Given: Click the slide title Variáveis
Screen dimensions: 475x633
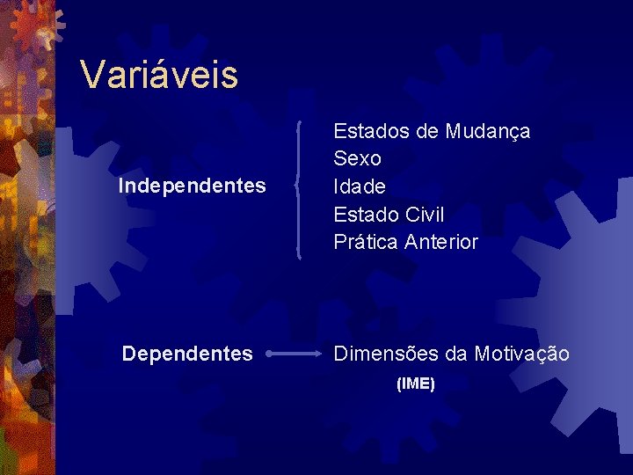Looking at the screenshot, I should [158, 75].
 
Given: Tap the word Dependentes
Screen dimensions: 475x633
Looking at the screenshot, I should [187, 354].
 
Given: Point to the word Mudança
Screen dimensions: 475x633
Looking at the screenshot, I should [487, 132].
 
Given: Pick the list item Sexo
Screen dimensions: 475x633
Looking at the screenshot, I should [357, 159].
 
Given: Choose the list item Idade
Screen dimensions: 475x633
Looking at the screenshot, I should [360, 187].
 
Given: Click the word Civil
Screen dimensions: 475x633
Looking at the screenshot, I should [425, 215].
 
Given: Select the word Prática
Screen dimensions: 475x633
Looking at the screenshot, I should [366, 242].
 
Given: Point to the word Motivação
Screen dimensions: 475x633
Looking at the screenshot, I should [521, 354].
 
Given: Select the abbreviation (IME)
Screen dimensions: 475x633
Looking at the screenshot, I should [416, 384].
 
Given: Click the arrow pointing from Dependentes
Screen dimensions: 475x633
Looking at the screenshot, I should [295, 354].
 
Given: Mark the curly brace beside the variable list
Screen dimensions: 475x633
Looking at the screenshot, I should [302, 189].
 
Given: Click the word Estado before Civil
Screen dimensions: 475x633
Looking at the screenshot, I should [367, 215].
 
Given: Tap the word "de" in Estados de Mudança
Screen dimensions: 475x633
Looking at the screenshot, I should [428, 132].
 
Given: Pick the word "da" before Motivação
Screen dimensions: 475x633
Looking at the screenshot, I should [456, 354].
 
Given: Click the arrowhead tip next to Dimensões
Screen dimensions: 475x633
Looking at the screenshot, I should [321, 354].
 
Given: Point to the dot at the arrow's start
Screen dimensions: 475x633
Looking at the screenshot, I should [268, 354].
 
